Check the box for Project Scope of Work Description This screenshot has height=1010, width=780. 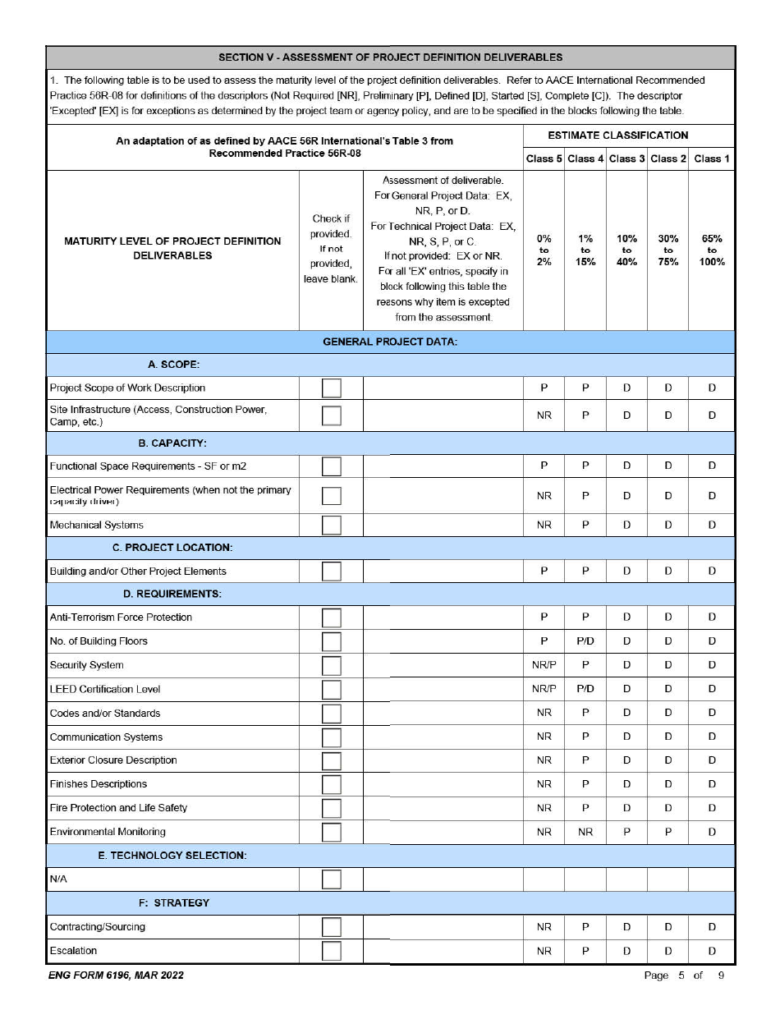pos(331,388)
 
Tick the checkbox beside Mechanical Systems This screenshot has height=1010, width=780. pos(331,525)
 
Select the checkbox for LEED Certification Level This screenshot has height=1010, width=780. pos(331,690)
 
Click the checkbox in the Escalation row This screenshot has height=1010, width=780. pos(331,951)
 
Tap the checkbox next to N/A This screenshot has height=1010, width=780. pos(331,879)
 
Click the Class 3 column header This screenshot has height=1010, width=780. pos(627,158)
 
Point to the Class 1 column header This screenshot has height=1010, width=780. pos(711,158)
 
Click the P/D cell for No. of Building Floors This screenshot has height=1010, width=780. pos(585,641)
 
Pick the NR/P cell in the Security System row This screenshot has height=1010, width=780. pos(544,665)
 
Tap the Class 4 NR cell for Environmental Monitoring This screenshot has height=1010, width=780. pos(585,832)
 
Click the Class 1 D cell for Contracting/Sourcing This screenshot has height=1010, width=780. pos(711,927)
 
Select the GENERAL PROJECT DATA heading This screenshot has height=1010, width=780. pos(390,342)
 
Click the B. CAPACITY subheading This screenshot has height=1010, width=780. pos(172,443)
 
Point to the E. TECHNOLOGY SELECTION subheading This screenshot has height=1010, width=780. pos(172,856)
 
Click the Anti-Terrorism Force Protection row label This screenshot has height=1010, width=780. pos(121,617)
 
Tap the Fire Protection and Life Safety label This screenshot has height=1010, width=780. pos(118,808)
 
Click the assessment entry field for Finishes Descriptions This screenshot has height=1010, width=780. pos(443,784)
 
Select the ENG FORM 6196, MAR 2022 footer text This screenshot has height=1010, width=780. pos(115,976)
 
